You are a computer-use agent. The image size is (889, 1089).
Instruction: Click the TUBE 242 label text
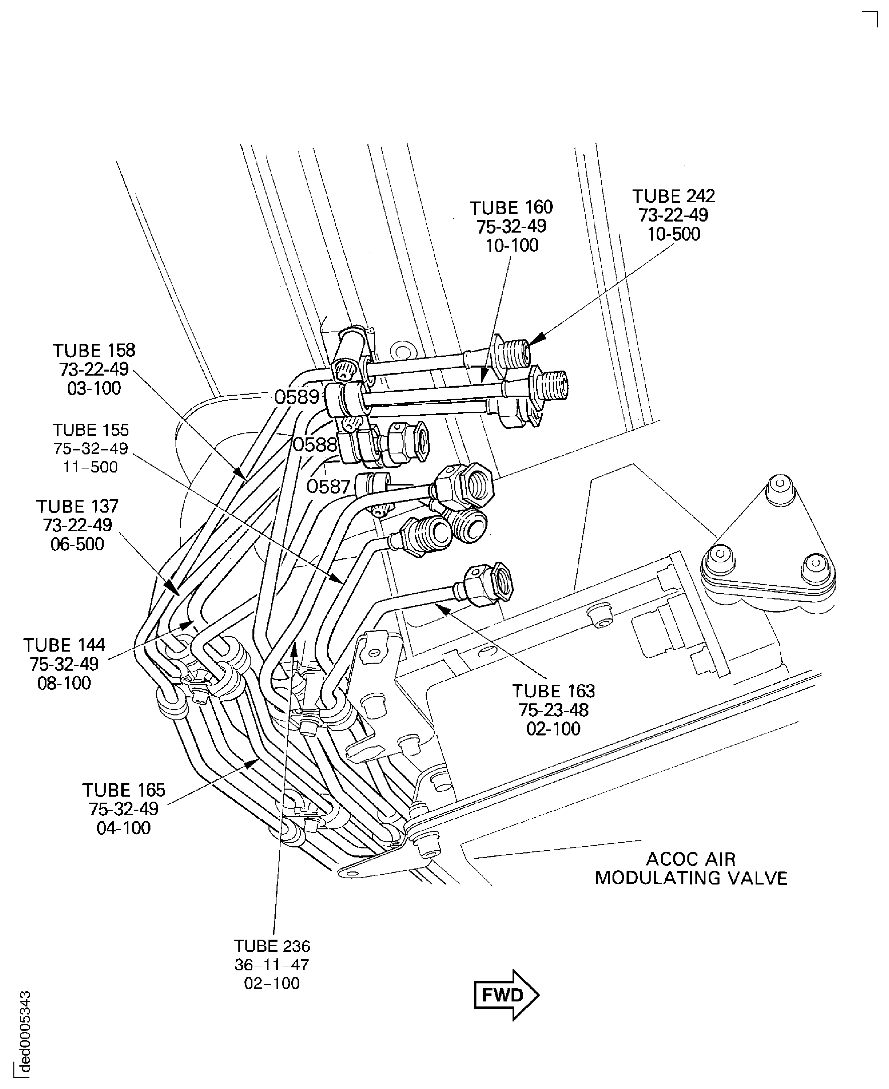click(x=673, y=196)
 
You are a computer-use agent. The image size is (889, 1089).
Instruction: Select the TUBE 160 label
click(x=511, y=207)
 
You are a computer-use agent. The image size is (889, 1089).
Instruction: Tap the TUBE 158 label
click(x=94, y=351)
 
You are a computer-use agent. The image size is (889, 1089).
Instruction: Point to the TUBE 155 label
click(x=91, y=430)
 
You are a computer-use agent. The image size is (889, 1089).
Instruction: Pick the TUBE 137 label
click(x=77, y=506)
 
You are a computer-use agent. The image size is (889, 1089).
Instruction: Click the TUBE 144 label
click(x=64, y=645)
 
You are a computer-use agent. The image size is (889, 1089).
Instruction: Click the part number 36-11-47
click(x=271, y=965)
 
